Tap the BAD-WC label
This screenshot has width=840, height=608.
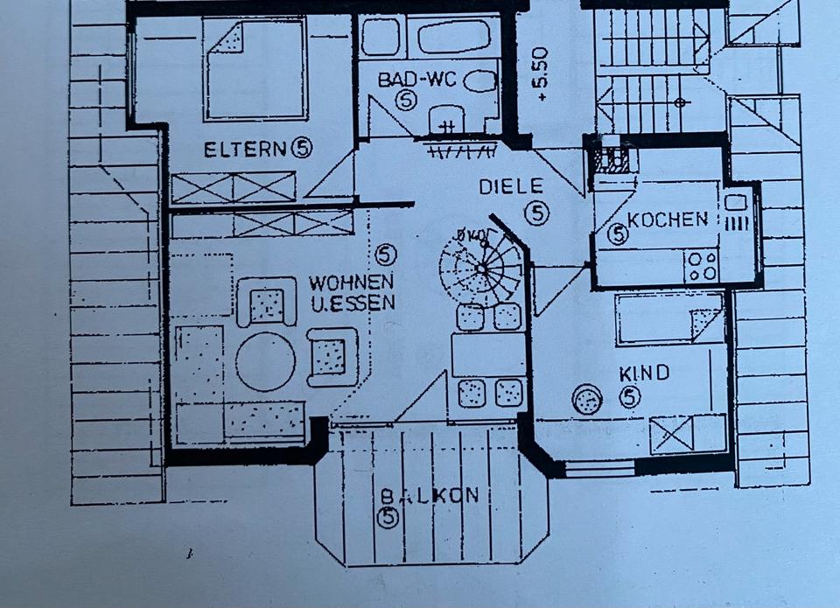click(x=412, y=80)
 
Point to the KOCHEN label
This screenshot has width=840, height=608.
click(x=668, y=220)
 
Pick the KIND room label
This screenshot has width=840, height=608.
click(x=644, y=374)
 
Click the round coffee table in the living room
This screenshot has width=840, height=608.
click(x=265, y=360)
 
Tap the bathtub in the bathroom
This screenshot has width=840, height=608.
click(x=458, y=38)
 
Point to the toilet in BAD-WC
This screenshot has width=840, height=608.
click(x=479, y=82)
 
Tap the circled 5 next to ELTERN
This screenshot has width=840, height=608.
click(x=301, y=149)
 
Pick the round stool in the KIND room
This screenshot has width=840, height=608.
click(x=587, y=401)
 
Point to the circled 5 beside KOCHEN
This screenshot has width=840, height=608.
click(x=618, y=234)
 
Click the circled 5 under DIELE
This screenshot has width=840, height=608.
click(x=538, y=211)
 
